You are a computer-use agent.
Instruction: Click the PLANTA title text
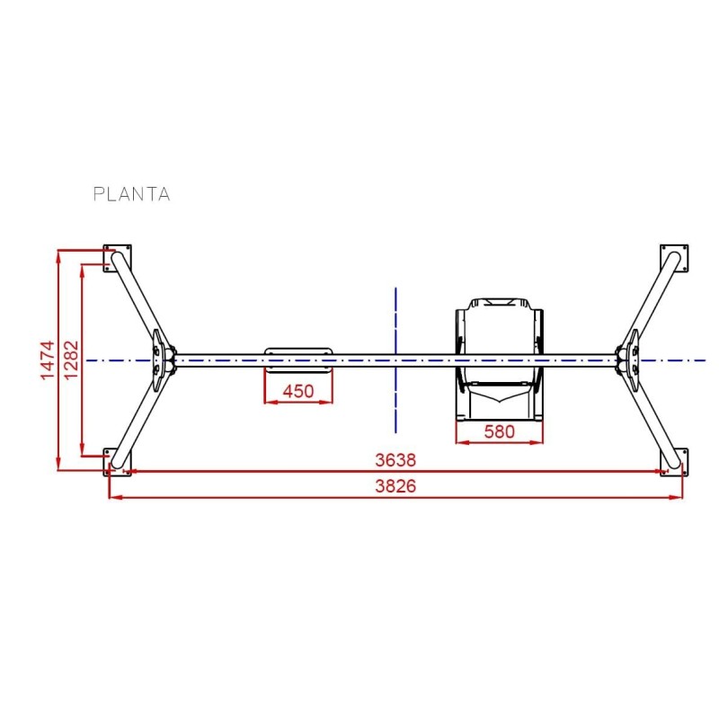131,193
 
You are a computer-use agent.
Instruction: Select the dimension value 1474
49,359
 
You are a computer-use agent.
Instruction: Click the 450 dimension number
298,391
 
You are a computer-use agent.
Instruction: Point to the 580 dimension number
499,431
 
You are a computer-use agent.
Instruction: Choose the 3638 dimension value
395,459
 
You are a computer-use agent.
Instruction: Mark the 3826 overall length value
395,486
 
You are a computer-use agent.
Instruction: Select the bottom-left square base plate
118,460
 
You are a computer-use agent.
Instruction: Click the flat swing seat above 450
298,359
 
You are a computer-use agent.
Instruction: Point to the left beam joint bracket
162,359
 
